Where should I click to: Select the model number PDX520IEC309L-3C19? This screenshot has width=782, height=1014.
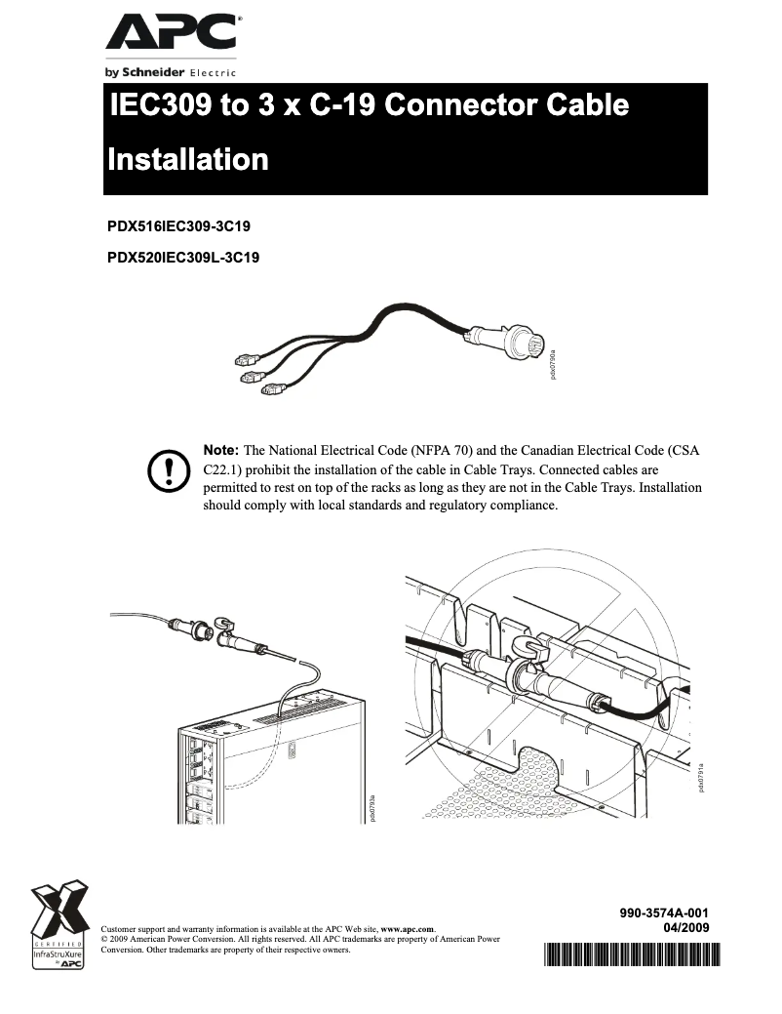pyautogui.click(x=182, y=259)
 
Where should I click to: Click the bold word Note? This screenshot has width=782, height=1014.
pyautogui.click(x=220, y=450)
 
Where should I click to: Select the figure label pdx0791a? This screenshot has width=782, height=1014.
pyautogui.click(x=700, y=778)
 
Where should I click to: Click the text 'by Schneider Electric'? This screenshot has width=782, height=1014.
pyautogui.click(x=171, y=72)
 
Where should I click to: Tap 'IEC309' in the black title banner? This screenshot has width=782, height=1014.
pyautogui.click(x=161, y=105)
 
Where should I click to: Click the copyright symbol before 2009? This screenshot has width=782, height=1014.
pyautogui.click(x=104, y=939)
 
